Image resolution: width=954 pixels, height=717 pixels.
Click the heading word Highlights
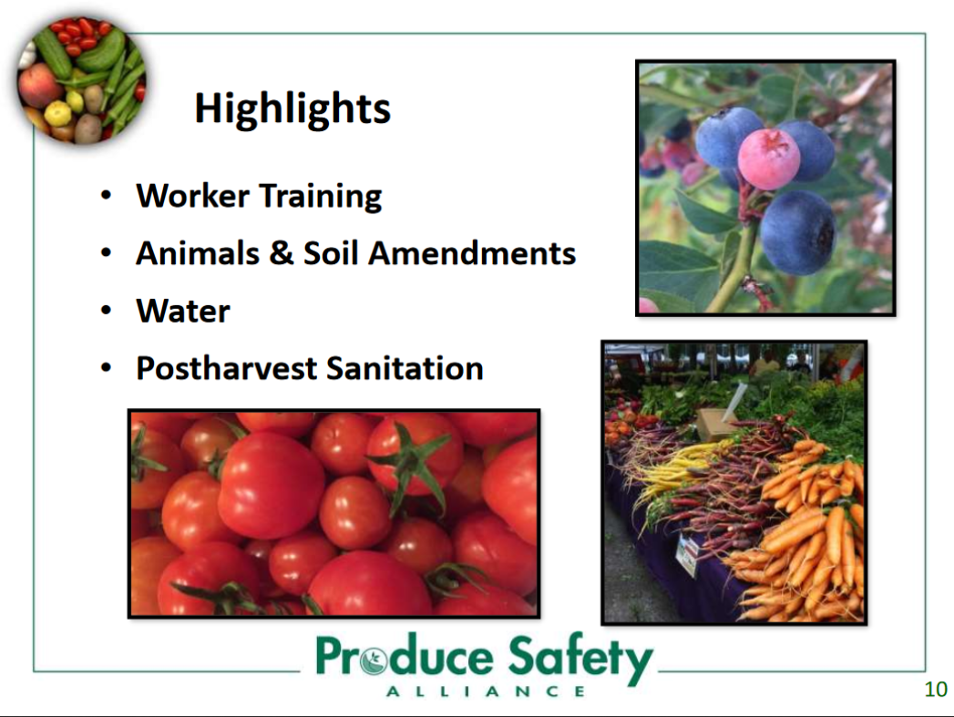tap(292, 109)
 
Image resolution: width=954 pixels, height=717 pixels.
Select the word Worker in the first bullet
tap(193, 196)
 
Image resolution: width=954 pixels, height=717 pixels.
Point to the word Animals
tap(198, 253)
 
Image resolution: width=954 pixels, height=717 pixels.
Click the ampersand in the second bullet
tap(281, 253)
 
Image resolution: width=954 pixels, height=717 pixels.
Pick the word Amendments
tap(471, 253)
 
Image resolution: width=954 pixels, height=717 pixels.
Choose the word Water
tap(183, 311)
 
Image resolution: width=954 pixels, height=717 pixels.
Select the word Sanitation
tap(405, 369)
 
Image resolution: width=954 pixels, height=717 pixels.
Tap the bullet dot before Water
tap(107, 311)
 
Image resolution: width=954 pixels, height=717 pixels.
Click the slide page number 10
tap(936, 689)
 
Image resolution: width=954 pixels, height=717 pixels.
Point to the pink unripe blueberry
tap(768, 159)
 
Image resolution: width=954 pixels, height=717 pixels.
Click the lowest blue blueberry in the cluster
tap(797, 232)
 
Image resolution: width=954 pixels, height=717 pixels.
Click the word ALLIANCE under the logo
tap(486, 691)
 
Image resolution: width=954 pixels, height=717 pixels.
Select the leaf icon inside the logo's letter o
tap(373, 660)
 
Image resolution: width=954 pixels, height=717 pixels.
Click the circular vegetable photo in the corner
tap(81, 81)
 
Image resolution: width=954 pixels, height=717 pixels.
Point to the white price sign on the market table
tap(687, 554)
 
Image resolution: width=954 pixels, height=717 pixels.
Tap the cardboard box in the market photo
tap(717, 424)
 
